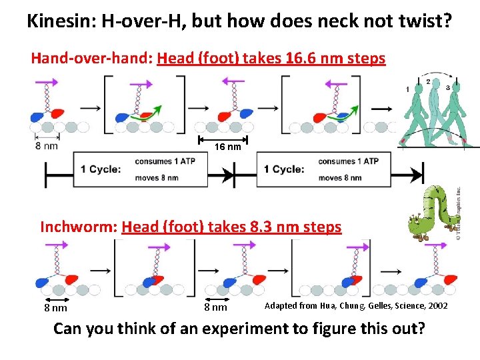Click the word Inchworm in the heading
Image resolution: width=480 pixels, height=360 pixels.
tap(78, 227)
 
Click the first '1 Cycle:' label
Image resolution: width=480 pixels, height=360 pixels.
tap(101, 169)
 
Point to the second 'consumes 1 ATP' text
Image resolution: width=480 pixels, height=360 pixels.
tap(348, 161)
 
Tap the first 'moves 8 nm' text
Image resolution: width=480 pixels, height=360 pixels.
tap(156, 178)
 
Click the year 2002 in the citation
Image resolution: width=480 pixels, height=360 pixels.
tap(437, 306)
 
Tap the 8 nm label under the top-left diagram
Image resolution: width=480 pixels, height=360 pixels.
tap(47, 146)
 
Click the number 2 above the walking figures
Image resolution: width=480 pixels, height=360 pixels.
tap(428, 82)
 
